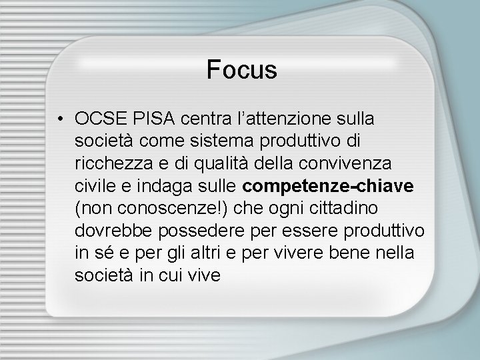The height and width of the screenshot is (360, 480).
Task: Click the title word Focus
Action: click(241, 69)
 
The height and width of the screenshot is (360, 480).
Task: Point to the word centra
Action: click(198, 119)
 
